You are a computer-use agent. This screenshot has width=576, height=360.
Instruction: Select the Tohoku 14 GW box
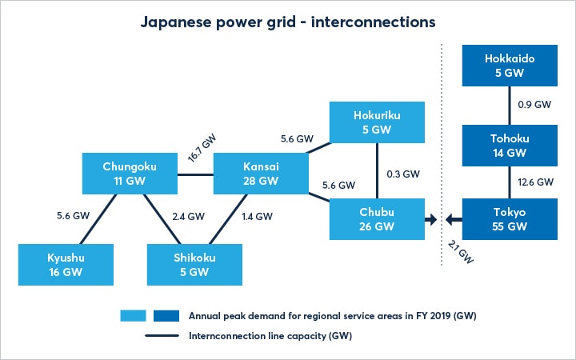tap(509, 144)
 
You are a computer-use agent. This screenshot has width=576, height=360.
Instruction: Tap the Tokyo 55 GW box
tap(509, 220)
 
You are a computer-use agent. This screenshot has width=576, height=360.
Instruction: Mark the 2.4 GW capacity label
tap(188, 216)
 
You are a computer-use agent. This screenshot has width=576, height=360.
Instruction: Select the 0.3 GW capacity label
tap(400, 173)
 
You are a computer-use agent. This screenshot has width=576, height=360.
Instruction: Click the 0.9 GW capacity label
tap(534, 104)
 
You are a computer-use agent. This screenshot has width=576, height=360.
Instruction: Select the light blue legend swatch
tap(132, 314)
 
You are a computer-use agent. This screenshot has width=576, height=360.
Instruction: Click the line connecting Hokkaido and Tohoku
tap(509, 105)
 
